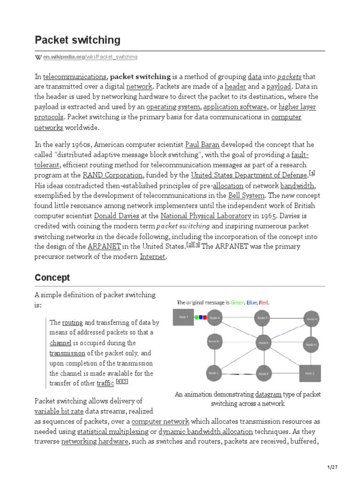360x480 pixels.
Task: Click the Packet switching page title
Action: tap(77, 40)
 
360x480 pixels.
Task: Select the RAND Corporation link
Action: tap(112, 175)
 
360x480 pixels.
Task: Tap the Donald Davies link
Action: tap(117, 216)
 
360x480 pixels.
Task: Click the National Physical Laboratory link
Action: tap(206, 216)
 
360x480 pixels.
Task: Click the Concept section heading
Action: tap(52, 277)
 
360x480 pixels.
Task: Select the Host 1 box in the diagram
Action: tap(183, 317)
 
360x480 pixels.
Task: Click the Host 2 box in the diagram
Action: tap(310, 373)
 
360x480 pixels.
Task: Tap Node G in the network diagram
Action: tap(312, 319)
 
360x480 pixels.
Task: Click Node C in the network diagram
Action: tap(214, 373)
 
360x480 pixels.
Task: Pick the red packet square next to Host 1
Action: tap(205, 317)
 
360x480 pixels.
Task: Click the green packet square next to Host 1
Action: tap(198, 317)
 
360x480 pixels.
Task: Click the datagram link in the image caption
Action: tap(269, 394)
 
